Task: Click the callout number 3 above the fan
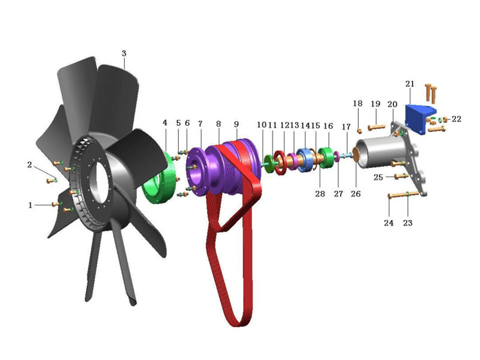coord(124,53)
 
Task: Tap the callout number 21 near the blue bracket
coord(410,83)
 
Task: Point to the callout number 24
coord(389,223)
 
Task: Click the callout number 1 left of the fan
coord(30,205)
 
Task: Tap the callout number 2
coord(29,164)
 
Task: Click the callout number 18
coord(358,104)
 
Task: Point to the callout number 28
coord(320,194)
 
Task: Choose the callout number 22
coord(457,119)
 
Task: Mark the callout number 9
coord(236,124)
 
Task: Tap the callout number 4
coord(165,123)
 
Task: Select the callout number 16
coord(328,126)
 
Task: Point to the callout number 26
coord(356,194)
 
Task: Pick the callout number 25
coord(378,177)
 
